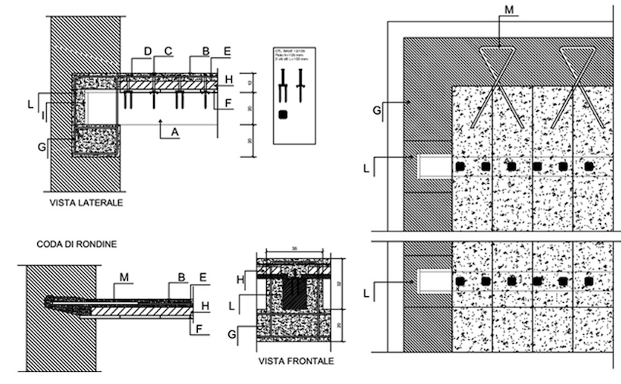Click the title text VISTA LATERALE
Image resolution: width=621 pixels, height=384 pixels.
click(x=86, y=202)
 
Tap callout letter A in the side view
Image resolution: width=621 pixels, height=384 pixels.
click(x=175, y=132)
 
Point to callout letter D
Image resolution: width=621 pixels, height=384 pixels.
click(x=148, y=51)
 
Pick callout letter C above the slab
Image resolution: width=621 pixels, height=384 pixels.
click(x=169, y=51)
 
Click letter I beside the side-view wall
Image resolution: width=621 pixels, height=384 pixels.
click(x=43, y=112)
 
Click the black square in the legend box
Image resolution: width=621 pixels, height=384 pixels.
click(x=283, y=115)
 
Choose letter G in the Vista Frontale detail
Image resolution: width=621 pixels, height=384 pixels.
click(x=233, y=335)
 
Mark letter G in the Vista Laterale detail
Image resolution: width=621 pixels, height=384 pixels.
click(x=41, y=147)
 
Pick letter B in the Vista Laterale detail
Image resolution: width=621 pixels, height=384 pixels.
click(x=205, y=51)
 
